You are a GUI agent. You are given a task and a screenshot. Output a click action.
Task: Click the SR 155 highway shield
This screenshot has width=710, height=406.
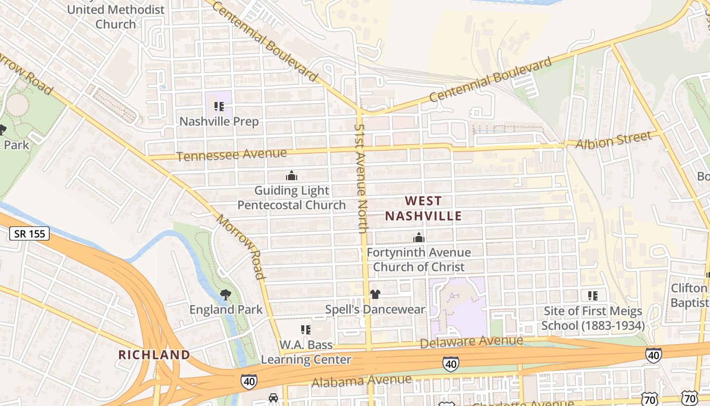tap(29, 234)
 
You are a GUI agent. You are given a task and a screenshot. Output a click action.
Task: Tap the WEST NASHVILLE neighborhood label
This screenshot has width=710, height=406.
tap(423, 209)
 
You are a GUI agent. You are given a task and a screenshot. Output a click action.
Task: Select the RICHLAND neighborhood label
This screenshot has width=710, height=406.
tap(154, 355)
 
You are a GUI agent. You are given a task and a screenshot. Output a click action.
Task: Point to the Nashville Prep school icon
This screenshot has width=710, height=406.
tap(219, 107)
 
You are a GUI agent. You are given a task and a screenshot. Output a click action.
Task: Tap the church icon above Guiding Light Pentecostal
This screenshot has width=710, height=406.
tap(292, 176)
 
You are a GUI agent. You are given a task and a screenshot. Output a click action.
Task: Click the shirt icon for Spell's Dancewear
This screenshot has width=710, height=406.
tap(375, 294)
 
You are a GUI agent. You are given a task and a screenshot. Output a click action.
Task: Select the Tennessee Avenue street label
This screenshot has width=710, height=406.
tap(232, 155)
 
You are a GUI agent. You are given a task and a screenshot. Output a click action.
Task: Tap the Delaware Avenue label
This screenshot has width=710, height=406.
tap(472, 342)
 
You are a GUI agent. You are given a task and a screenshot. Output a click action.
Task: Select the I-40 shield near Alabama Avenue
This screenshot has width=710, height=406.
tap(248, 382)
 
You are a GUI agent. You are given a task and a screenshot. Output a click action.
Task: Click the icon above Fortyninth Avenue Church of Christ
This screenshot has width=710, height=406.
tap(419, 238)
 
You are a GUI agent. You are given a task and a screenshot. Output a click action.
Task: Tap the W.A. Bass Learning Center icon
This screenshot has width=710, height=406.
tap(305, 330)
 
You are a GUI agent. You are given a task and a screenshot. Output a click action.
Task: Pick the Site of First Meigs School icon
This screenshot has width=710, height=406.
tap(592, 295)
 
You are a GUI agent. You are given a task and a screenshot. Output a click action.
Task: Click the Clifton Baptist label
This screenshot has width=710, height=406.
tap(689, 295)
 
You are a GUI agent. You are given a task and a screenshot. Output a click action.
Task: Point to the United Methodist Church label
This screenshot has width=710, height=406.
tap(116, 17)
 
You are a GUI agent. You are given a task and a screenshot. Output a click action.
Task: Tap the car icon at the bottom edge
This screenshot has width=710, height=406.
tap(273, 398)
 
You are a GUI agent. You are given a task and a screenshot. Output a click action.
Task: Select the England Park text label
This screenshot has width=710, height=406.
tap(226, 310)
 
